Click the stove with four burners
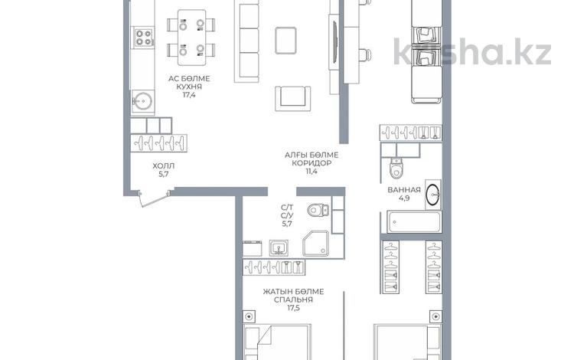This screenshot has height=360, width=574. pos(144,38)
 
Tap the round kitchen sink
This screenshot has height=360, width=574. pos(143,100)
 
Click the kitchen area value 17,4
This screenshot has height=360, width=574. pos(189,95)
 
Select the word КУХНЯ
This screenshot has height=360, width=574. pos(189,87)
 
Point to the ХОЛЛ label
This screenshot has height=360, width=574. pos(164,166)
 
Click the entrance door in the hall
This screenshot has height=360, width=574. pos(154,198)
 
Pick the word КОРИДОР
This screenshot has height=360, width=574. pos(311,163)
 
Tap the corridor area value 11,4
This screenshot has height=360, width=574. pos(311,171)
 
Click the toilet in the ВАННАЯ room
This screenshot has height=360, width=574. pos(396,168)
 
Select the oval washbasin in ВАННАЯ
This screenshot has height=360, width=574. pos(434,194)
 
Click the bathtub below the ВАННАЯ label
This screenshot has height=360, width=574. pos(414,222)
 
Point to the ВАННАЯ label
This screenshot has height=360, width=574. pos(404,190)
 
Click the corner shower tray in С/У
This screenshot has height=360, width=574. pos(315,243)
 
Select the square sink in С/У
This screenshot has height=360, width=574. pos(279,247)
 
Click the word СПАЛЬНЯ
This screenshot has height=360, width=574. pos(294,299)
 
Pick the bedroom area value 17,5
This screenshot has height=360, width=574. pos(294,308)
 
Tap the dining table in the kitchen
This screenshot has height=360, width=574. pos(191,38)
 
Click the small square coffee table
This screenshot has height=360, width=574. pos(285,41)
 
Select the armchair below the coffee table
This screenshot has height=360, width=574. pos(293,98)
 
